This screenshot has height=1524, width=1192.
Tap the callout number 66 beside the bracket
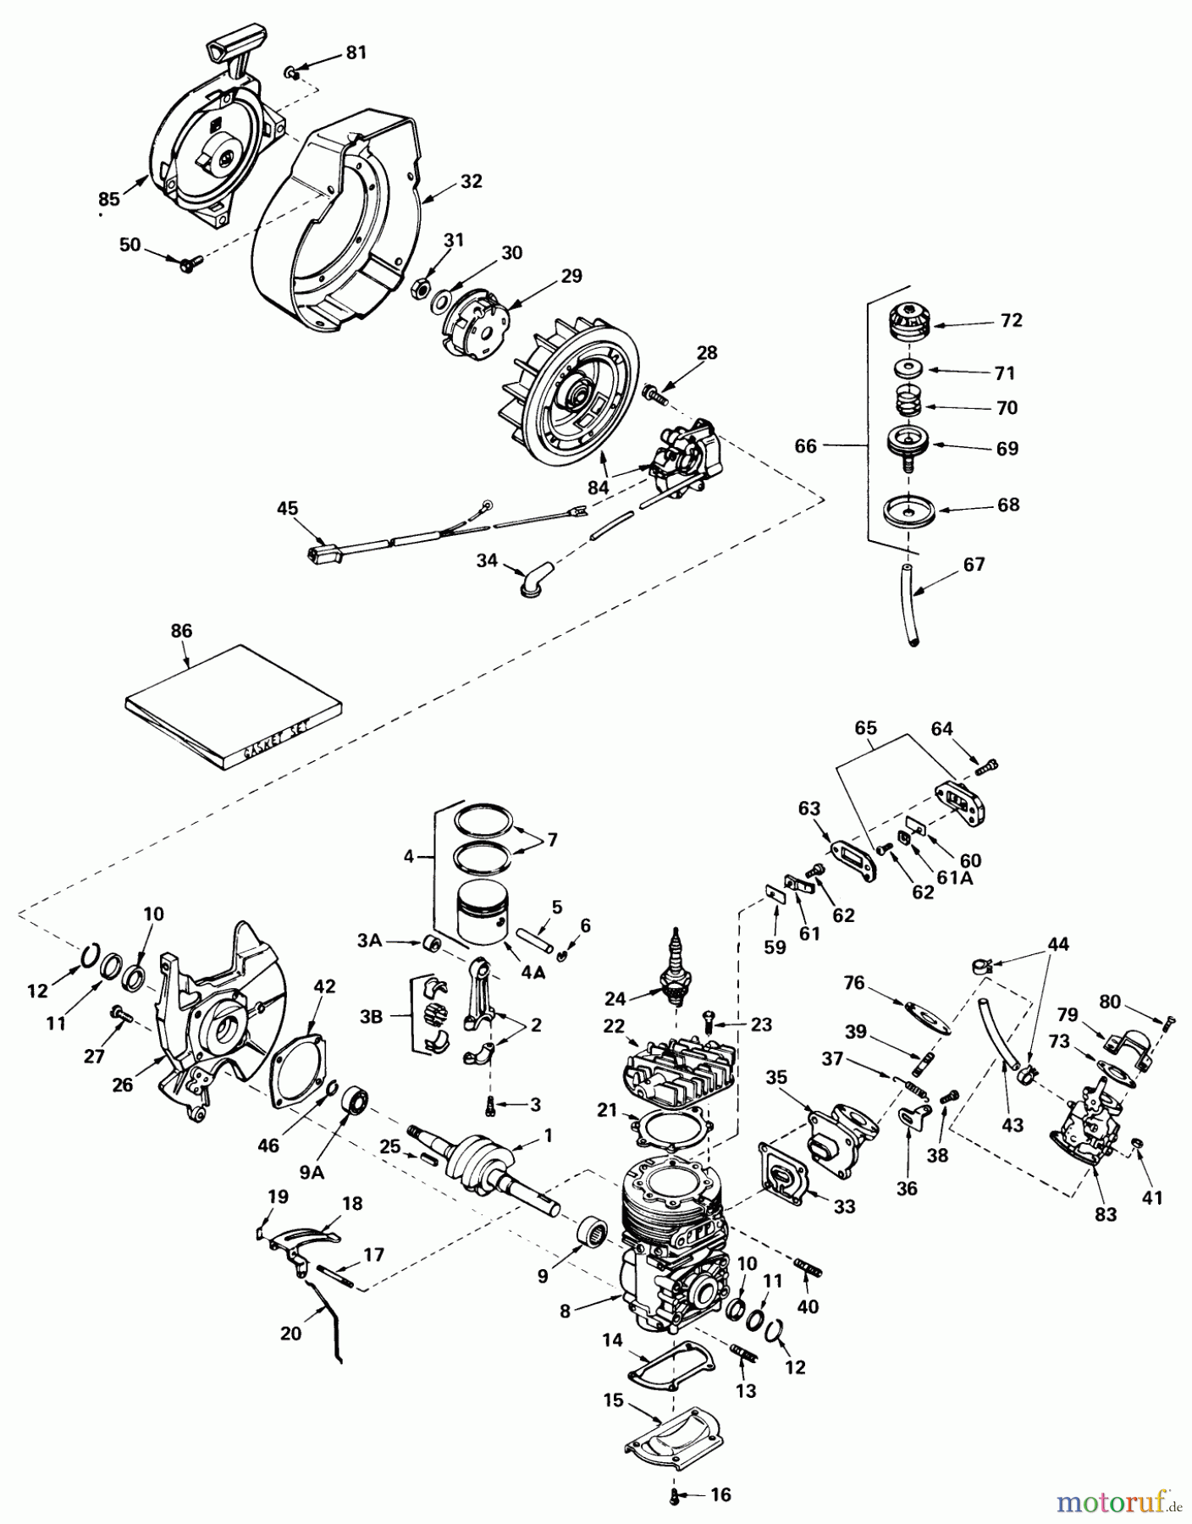[805, 445]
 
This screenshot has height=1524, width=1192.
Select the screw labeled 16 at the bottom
[675, 1497]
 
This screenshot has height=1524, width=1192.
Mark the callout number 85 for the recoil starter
[108, 200]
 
